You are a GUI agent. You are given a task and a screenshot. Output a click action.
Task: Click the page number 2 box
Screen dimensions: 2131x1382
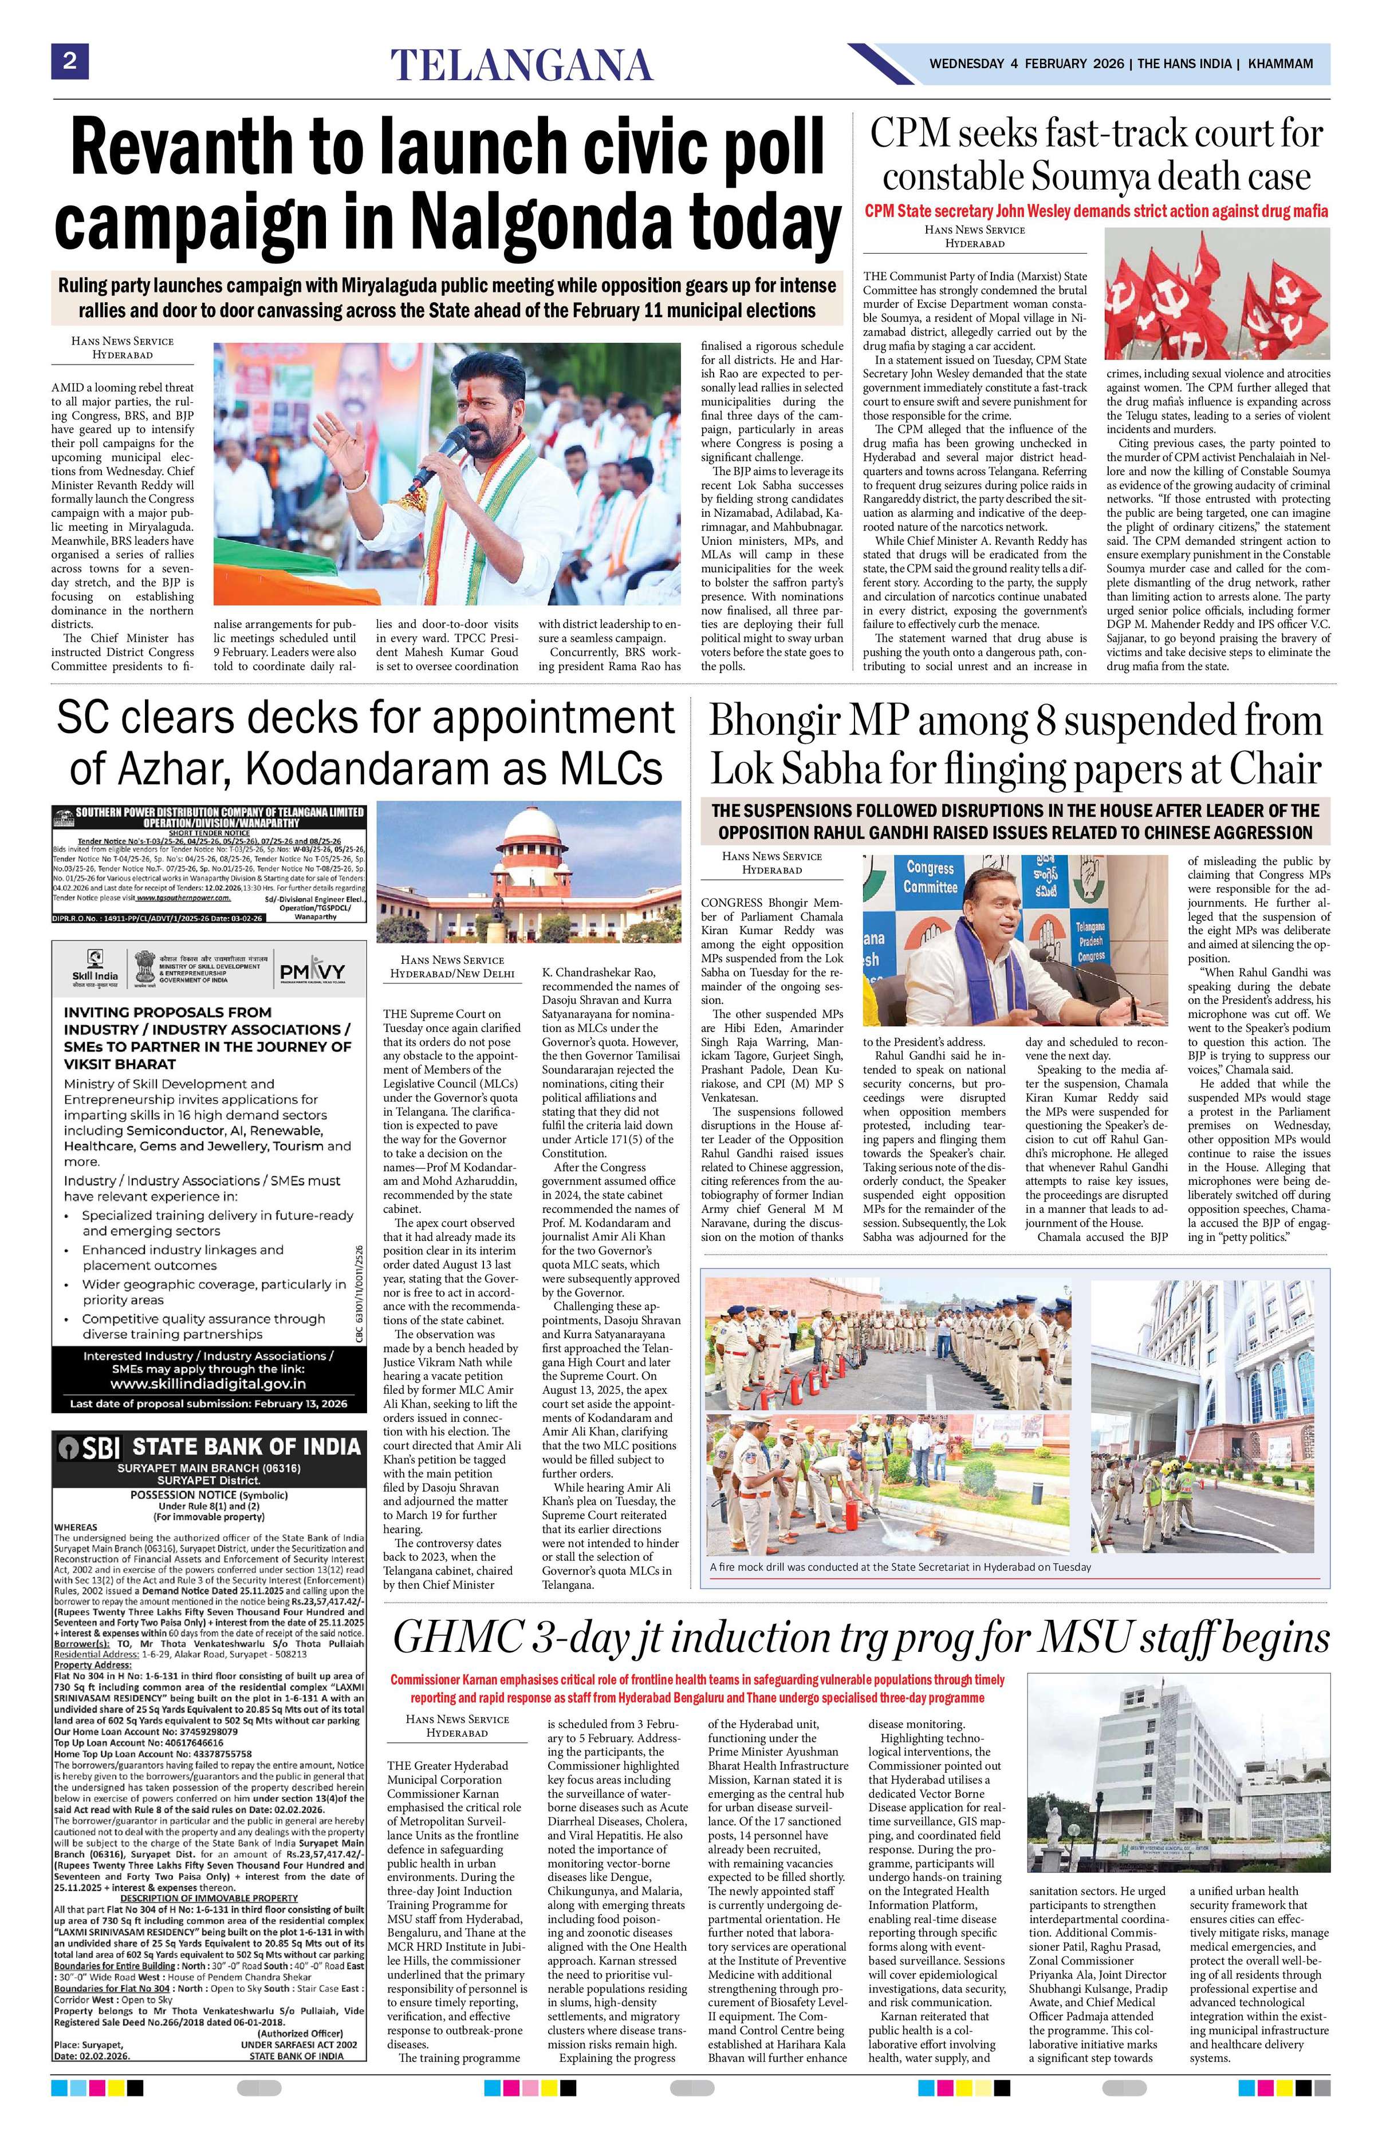[x=69, y=63]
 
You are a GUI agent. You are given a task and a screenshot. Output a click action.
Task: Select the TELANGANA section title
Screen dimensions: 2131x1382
[x=521, y=65]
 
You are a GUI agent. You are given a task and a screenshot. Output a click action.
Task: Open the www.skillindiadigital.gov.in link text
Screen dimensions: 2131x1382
[x=208, y=1384]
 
